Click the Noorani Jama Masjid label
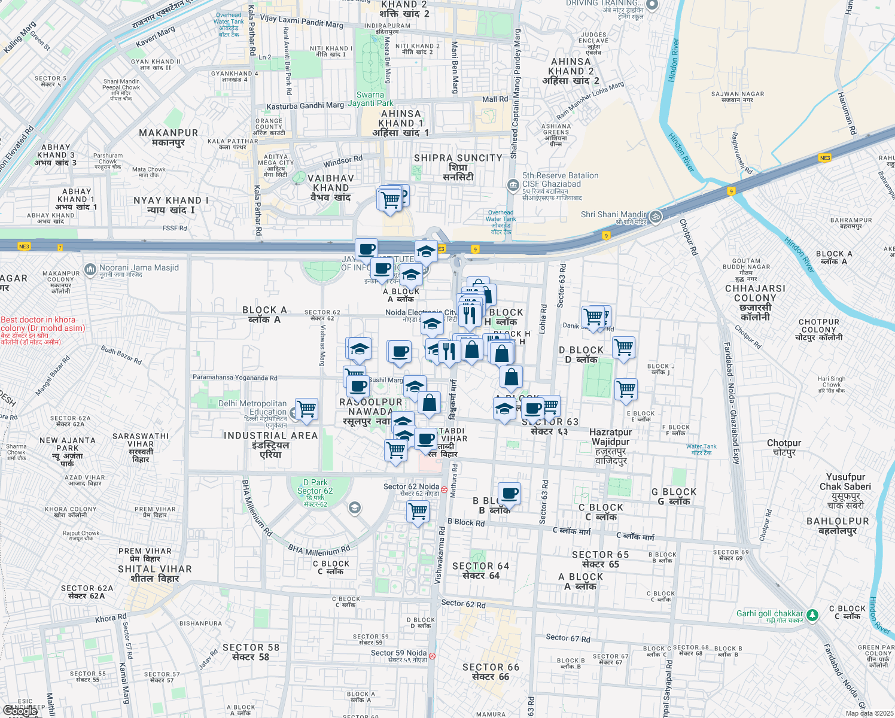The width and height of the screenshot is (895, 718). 139,268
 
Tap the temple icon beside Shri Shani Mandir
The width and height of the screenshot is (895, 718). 656,217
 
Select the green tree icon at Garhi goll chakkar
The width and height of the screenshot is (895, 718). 812,614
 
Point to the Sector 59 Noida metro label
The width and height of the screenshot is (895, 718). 398,653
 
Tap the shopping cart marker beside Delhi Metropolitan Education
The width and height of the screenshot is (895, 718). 306,409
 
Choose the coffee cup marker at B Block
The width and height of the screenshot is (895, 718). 509,494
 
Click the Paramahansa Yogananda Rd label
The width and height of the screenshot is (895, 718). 235,378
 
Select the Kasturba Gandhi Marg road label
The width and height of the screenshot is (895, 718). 305,106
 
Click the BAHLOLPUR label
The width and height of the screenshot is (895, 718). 838,521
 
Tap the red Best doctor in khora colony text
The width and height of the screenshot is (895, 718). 42,324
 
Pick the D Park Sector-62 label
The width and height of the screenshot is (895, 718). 315,486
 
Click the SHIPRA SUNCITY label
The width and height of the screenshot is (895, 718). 458,158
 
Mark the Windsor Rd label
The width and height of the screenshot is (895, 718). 343,162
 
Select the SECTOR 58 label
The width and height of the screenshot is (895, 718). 251,647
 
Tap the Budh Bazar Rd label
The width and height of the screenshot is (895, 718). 121,355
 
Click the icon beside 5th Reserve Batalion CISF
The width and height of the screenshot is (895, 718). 513,185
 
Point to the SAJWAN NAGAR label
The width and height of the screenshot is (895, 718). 738,94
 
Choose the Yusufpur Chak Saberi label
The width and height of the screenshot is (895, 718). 845,482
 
